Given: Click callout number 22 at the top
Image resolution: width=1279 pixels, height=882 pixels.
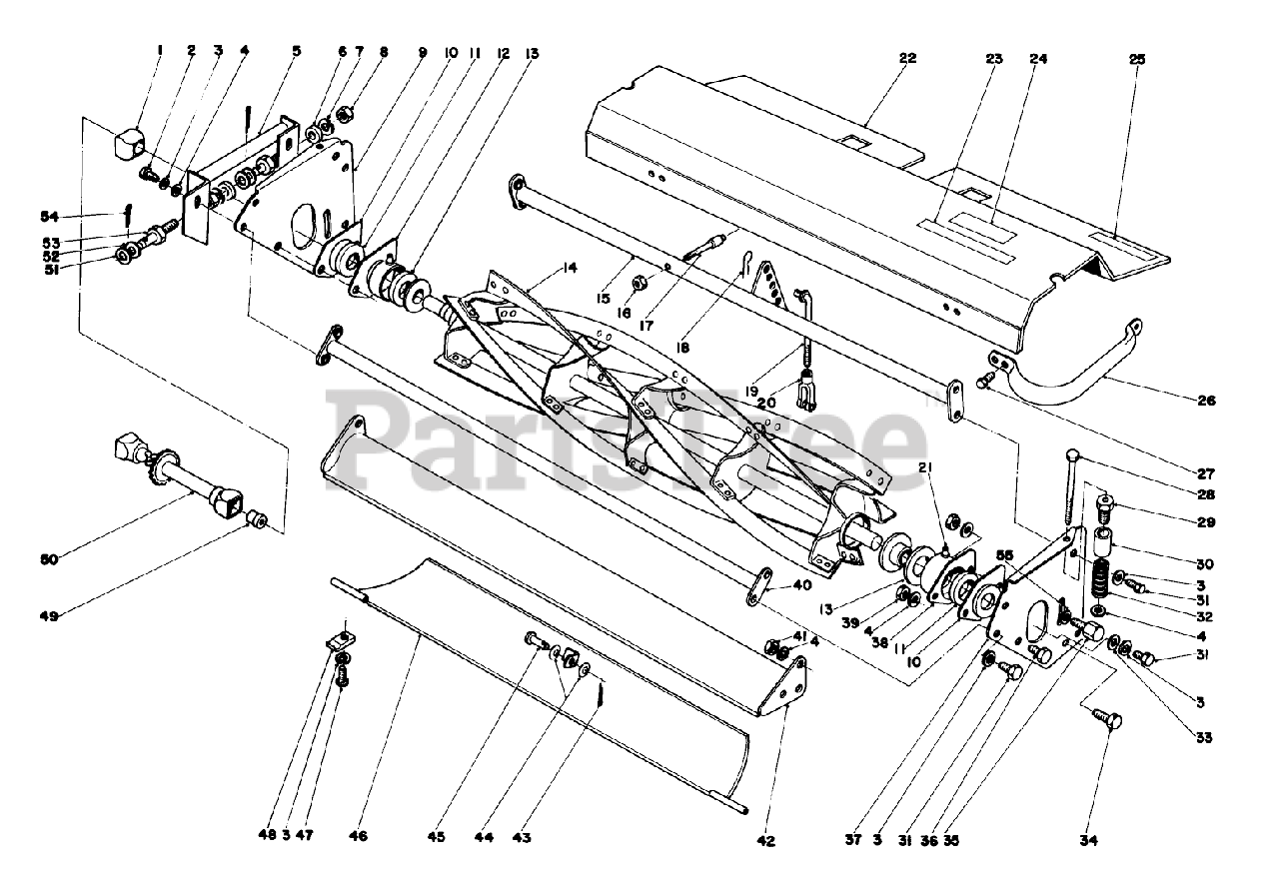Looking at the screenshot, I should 906,58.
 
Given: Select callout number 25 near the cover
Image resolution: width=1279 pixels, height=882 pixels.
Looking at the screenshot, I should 1137,59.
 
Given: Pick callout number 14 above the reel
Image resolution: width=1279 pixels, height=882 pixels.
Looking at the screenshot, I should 570,268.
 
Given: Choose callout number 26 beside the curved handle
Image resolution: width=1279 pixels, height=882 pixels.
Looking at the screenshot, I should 1206,401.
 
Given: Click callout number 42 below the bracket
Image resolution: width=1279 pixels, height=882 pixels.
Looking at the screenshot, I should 765,841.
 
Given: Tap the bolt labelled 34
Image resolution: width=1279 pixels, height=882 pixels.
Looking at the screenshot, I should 1109,720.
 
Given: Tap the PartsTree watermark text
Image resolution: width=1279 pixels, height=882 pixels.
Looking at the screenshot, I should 630,435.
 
